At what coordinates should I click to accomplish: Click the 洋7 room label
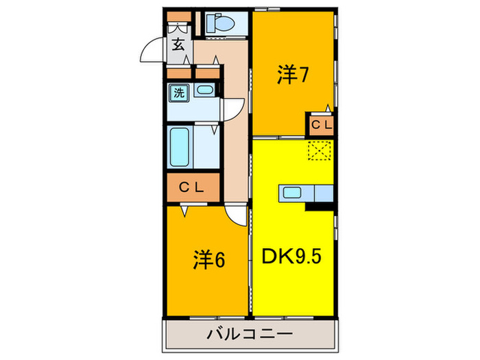click(291, 74)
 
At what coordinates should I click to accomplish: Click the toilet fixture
click(221, 24)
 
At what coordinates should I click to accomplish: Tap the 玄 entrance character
click(178, 45)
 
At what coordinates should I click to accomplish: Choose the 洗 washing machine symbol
click(178, 93)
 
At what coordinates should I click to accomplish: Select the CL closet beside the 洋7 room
click(320, 125)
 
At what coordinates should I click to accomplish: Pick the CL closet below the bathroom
click(192, 187)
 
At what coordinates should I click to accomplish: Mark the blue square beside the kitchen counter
click(323, 193)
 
